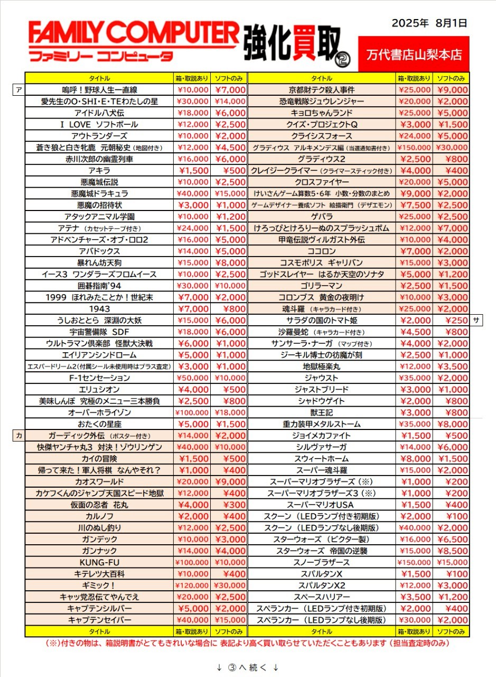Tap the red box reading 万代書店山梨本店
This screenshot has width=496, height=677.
tap(414, 53)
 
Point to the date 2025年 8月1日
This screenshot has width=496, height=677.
tap(429, 23)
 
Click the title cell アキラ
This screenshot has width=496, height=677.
tap(99, 170)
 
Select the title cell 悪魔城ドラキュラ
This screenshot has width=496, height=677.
tap(99, 194)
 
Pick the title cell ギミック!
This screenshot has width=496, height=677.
tap(99, 585)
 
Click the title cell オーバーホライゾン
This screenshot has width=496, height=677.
tap(99, 413)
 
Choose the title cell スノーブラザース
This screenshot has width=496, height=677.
tap(322, 562)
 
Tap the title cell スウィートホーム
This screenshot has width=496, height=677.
tap(322, 459)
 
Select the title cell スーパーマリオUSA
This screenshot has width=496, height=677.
tap(322, 505)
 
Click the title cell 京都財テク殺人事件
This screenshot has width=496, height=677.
tap(322, 90)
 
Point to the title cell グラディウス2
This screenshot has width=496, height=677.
tap(322, 159)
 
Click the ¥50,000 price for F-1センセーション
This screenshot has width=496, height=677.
tap(193, 378)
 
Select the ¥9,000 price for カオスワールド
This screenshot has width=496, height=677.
tap(230, 482)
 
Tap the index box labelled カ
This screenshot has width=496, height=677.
tap(19, 435)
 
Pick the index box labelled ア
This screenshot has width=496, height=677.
tap(19, 89)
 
